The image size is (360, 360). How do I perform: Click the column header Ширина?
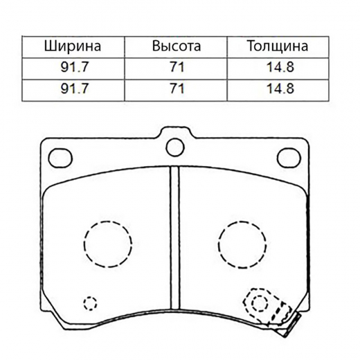pyautogui.click(x=73, y=47)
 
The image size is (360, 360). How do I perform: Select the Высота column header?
pyautogui.click(x=177, y=47)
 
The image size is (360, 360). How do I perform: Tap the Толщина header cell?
pyautogui.click(x=277, y=47)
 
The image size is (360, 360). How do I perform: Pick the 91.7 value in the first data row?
pyautogui.click(x=73, y=69)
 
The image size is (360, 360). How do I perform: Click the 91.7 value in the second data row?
pyautogui.click(x=73, y=89)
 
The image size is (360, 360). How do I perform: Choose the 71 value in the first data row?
pyautogui.click(x=177, y=69)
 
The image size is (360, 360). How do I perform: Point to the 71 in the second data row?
pyautogui.click(x=177, y=89)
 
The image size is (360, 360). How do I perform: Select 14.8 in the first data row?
pyautogui.click(x=277, y=69)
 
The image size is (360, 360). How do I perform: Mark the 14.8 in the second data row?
pyautogui.click(x=277, y=89)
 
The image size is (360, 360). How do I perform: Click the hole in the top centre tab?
pyautogui.click(x=174, y=146)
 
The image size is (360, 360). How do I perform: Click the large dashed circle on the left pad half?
pyautogui.click(x=107, y=243)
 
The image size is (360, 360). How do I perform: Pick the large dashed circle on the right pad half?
pyautogui.click(x=242, y=243)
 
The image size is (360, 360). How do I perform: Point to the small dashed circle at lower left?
pyautogui.click(x=89, y=303)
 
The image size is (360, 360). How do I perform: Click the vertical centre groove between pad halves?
pyautogui.click(x=174, y=242)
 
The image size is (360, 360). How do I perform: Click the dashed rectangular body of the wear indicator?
pyautogui.click(x=276, y=309)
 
